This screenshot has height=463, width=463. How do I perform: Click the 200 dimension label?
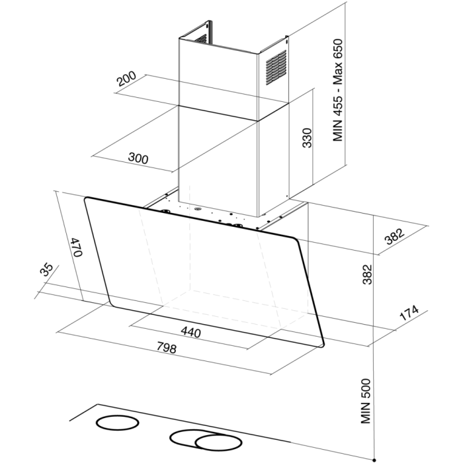[126, 79]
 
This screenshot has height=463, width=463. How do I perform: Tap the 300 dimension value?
[138, 159]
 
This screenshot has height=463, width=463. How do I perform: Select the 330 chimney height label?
[307, 138]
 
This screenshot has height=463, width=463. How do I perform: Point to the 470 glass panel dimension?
[77, 247]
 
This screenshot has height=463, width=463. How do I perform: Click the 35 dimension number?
[46, 269]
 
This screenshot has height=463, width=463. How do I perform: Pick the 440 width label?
[191, 332]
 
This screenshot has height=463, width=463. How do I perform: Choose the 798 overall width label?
[167, 347]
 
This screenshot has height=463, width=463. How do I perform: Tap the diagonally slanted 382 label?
[395, 236]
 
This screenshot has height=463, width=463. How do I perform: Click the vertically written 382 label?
[367, 274]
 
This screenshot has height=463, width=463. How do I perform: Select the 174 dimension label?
[409, 313]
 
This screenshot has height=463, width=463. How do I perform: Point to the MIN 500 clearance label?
[366, 401]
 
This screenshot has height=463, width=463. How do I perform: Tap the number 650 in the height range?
[337, 49]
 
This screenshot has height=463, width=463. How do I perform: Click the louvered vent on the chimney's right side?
[276, 67]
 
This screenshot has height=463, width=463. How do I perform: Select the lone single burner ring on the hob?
[117, 423]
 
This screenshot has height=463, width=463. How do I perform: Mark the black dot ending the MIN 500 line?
[374, 460]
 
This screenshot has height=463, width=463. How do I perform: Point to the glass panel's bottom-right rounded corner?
[322, 344]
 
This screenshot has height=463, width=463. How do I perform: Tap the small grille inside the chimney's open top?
[201, 38]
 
